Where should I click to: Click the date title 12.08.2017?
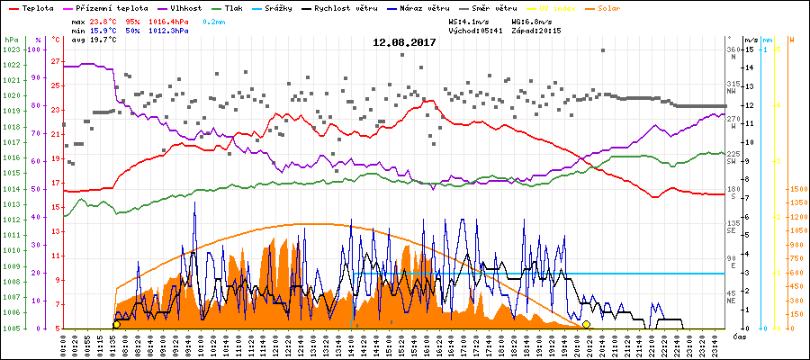click(405, 41)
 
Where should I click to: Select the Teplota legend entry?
click(31, 7)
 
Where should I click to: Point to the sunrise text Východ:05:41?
click(475, 30)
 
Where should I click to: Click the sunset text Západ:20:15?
click(535, 30)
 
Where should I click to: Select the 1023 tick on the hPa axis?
click(11, 49)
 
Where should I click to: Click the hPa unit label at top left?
click(10, 40)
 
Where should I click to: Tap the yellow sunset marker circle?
click(587, 324)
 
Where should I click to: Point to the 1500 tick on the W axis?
click(796, 190)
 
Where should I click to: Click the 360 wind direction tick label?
click(733, 49)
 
